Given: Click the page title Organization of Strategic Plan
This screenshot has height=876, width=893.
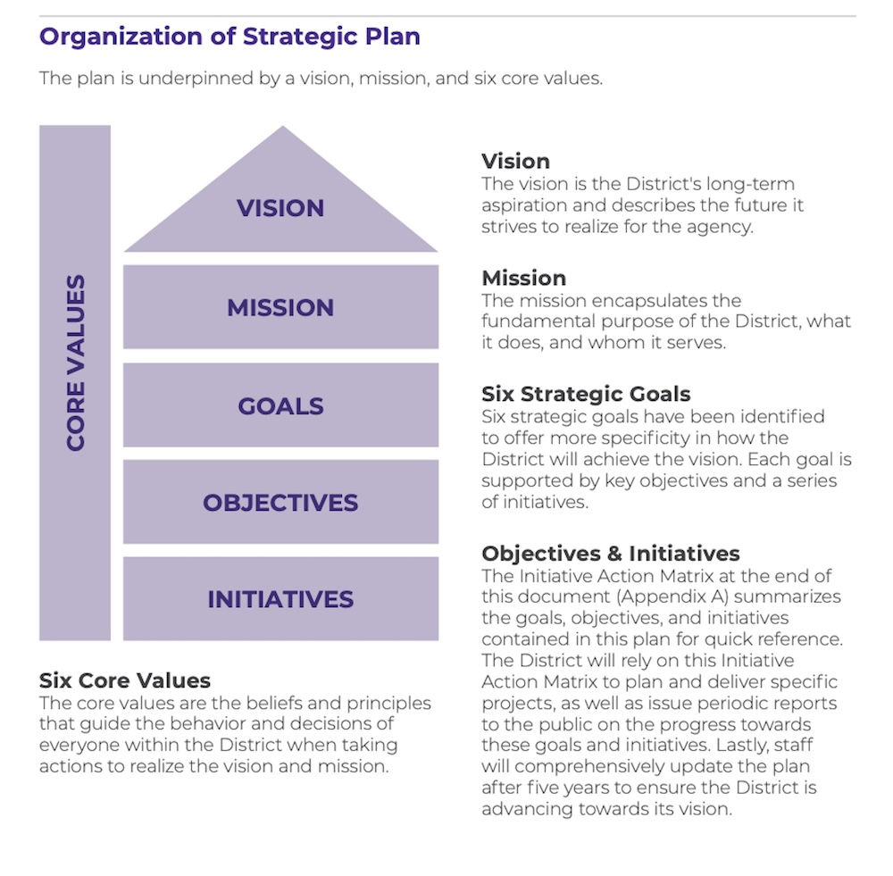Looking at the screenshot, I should [230, 37].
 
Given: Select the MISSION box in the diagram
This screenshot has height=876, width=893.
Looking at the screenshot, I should [280, 307].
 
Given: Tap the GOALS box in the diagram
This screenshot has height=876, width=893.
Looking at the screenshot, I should [280, 405].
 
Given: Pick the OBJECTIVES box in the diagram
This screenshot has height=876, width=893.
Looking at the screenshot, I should [280, 502].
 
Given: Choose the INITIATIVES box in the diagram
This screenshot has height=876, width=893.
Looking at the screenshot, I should [280, 599].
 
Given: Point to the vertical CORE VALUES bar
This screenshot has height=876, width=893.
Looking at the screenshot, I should [75, 382].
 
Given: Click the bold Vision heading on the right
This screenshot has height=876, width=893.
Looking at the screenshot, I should [515, 162].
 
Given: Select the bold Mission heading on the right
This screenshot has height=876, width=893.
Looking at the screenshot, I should [523, 278].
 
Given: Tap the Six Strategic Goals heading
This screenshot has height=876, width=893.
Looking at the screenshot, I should [586, 394].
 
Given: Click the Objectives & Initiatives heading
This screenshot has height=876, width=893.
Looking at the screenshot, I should [610, 553].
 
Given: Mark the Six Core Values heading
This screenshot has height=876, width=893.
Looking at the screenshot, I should [125, 681].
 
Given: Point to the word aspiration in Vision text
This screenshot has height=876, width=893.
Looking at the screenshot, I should [522, 205].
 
